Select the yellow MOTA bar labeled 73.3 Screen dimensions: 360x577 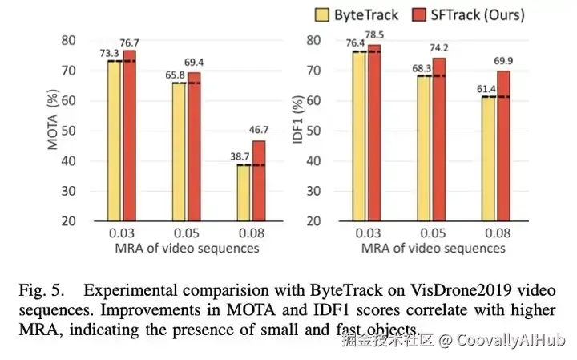pyautogui.click(x=114, y=140)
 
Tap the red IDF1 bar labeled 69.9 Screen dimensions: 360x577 pyautogui.click(x=503, y=145)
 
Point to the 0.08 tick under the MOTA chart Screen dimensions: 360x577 pyautogui.click(x=251, y=233)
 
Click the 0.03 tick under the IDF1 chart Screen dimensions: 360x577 pyautogui.click(x=367, y=233)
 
